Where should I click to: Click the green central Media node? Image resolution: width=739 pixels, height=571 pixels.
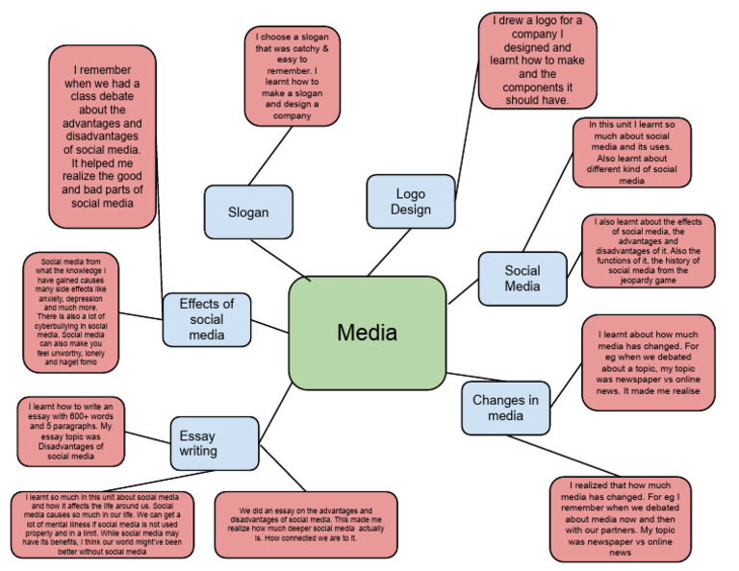367,333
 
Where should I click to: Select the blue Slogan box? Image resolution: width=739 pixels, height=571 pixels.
248,211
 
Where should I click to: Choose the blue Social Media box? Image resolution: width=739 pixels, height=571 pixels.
522,278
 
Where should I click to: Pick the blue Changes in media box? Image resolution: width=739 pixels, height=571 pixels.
505,408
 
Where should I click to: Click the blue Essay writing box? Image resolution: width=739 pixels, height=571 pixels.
214,443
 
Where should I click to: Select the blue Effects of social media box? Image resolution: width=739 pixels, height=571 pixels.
206,319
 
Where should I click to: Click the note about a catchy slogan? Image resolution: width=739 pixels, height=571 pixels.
293,77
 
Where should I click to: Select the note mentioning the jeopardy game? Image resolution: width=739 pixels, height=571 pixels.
648,251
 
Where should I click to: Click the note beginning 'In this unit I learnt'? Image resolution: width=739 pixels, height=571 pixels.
631,152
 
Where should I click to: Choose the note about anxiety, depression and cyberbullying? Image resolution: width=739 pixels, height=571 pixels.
72,311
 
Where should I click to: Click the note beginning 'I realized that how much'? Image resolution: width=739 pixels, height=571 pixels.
620,518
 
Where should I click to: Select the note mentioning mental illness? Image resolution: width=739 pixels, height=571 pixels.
102,525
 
